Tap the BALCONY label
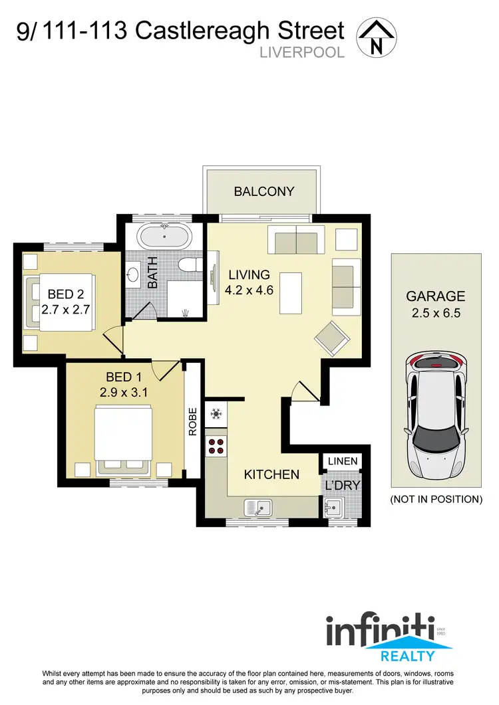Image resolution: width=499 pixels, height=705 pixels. coord(263,191)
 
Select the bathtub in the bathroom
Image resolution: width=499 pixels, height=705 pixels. coord(164,237)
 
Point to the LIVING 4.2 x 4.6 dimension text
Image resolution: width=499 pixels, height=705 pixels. coord(249,282)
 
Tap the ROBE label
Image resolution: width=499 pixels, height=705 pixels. coord(193,421)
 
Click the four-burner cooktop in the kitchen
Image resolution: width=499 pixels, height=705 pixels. coord(216,445)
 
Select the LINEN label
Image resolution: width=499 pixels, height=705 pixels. coord(343,461)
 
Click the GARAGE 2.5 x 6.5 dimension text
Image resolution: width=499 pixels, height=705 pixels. coord(436,305)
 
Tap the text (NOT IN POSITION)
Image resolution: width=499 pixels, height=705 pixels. coord(436,499)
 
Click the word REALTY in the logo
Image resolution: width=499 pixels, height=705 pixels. coord(407,656)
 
